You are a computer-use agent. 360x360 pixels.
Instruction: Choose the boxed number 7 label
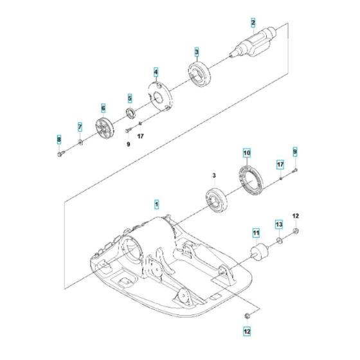point(80,127)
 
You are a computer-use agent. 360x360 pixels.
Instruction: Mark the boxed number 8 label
point(59,139)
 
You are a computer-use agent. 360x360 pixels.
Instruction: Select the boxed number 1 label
point(156,204)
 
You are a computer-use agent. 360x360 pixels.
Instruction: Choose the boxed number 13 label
point(278,224)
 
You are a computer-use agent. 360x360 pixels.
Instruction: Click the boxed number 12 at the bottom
point(247,332)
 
